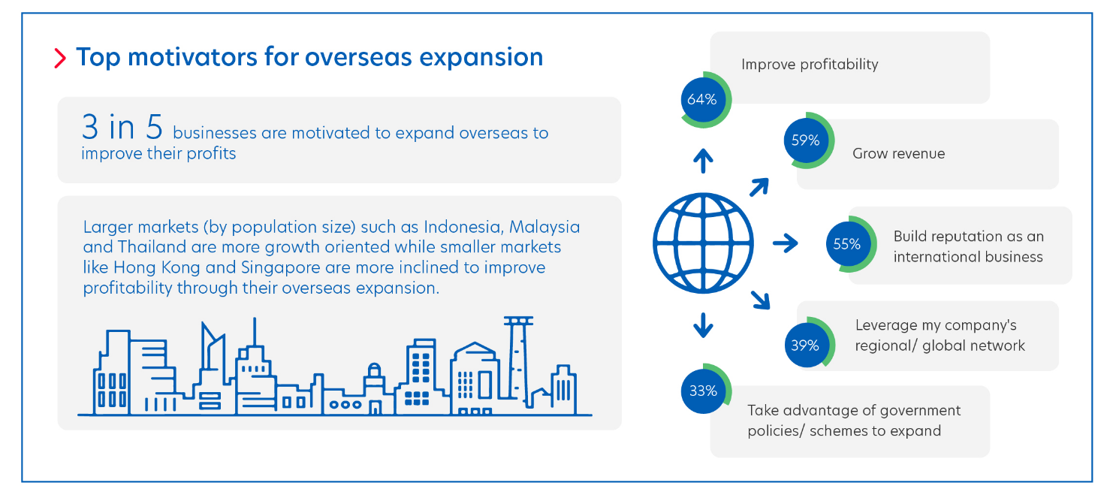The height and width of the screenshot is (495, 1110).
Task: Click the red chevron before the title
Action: click(x=60, y=58)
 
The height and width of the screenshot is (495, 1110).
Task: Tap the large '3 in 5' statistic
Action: click(x=122, y=127)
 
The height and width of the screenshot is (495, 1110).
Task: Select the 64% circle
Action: click(x=706, y=100)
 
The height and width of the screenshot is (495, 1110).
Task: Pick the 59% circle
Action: click(x=809, y=140)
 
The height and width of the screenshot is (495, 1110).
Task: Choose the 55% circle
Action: click(x=851, y=244)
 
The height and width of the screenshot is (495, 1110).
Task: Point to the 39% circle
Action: click(x=809, y=345)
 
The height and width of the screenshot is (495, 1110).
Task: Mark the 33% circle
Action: click(x=706, y=391)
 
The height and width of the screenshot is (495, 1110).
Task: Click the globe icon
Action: click(x=703, y=243)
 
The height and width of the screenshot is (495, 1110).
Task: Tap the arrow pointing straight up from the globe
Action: click(x=703, y=161)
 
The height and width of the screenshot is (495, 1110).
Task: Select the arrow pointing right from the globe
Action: click(x=786, y=243)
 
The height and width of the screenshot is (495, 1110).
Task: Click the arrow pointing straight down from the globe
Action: click(x=703, y=325)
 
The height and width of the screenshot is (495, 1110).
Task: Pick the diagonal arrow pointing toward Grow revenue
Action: click(x=759, y=187)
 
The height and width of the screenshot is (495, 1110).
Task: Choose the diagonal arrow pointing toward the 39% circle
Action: click(x=760, y=300)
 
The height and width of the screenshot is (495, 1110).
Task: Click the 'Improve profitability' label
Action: click(x=810, y=65)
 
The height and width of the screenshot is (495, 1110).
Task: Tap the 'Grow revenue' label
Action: click(x=898, y=153)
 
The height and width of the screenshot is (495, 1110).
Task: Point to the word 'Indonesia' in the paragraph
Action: click(x=464, y=226)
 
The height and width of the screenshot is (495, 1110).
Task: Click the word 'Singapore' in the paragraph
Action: click(x=280, y=267)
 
